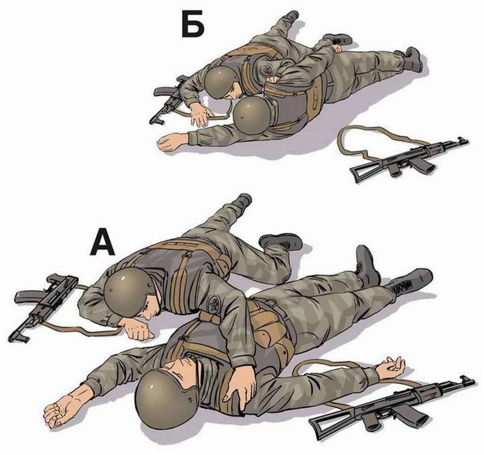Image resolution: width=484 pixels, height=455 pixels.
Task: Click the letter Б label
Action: pos(192,25)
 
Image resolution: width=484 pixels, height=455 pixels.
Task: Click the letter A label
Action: pos(102,242)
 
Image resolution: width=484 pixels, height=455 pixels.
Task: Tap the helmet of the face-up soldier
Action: pos(166,400)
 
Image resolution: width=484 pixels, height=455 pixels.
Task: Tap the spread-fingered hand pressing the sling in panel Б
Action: pos(198,114)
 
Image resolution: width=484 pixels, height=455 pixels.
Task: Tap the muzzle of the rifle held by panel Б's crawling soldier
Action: pos(156,121)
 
